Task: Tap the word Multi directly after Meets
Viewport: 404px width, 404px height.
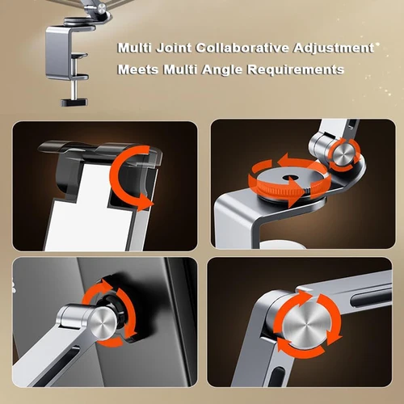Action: [x=179, y=70]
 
